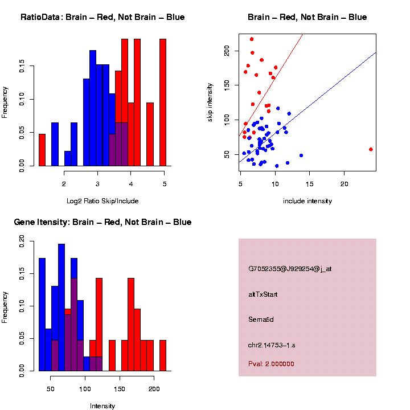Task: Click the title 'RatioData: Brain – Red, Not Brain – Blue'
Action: [x=102, y=17]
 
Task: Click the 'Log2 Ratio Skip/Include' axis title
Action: [x=102, y=200]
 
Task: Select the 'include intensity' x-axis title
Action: [x=307, y=200]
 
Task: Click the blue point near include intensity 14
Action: [x=301, y=155]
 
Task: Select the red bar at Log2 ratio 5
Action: [x=163, y=102]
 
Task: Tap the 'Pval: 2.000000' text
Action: [x=271, y=364]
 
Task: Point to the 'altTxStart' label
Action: [x=263, y=294]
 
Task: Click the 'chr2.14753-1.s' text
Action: [x=272, y=345]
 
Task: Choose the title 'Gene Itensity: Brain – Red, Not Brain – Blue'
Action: [x=102, y=222]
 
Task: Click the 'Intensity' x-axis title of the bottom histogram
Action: [x=102, y=406]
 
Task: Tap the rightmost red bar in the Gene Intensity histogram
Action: [x=163, y=355]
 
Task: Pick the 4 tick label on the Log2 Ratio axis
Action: [x=130, y=184]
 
